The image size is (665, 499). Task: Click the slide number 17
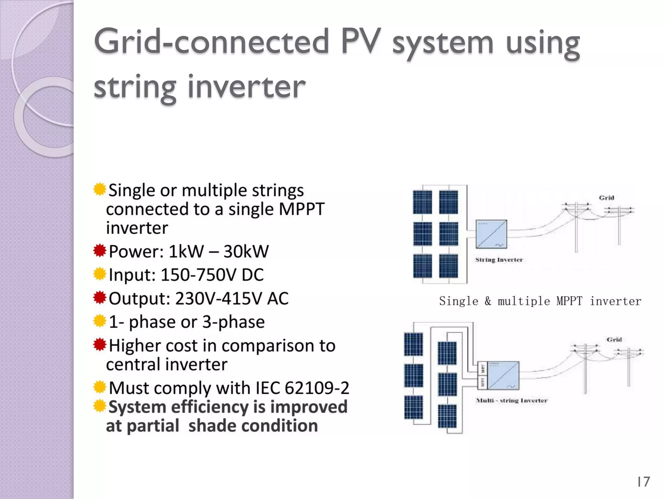pos(643,482)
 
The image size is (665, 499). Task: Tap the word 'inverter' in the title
pos(246,87)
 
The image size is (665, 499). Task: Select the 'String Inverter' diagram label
pos(499,260)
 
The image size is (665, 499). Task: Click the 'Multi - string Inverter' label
pos(511,401)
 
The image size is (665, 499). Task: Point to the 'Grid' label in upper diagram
pos(606,198)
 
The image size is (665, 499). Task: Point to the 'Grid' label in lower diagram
pos(614,339)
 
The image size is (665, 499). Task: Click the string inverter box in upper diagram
pos(491,234)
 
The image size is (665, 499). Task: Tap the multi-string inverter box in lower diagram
pos(503,376)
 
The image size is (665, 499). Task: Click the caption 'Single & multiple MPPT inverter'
pos(540,301)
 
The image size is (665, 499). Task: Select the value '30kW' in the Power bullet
pos(246,251)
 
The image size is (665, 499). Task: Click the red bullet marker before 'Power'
pos(100,251)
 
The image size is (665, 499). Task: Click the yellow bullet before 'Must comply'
pos(100,387)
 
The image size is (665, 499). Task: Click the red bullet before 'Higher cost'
pos(100,345)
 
